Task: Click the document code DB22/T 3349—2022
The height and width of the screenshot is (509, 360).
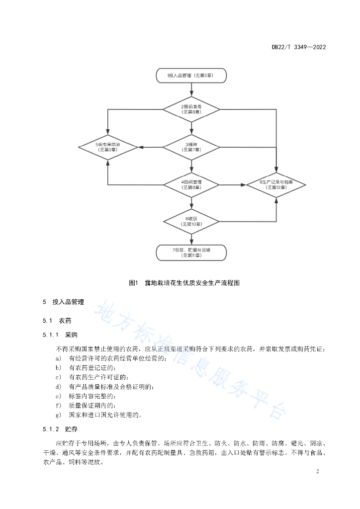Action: pos(299,47)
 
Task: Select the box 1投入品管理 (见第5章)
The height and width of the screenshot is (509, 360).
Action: pos(191,76)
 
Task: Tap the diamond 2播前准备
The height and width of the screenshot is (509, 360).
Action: pos(191,109)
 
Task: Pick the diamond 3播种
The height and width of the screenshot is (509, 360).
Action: pos(191,147)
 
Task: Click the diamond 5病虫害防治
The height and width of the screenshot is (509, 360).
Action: pos(108,147)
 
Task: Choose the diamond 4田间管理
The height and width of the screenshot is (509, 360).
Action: pos(191,185)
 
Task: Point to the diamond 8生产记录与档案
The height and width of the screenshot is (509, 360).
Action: pos(276,185)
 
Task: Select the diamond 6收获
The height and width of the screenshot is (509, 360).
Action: pos(191,222)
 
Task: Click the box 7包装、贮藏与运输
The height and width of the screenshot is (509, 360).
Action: pos(191,253)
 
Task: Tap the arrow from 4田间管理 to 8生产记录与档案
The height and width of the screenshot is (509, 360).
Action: pos(233,185)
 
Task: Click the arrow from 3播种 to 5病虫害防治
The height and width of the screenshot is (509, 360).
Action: pos(151,147)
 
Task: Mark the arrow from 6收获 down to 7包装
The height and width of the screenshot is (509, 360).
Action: pos(191,240)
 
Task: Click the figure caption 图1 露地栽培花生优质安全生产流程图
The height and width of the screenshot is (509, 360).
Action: pos(184,283)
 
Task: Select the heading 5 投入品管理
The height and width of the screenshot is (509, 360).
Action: pos(63,302)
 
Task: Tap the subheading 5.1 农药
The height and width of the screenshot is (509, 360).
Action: pos(57,321)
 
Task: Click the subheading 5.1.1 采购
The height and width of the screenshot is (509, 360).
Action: pos(60,335)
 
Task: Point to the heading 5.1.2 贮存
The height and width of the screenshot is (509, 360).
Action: pos(60,429)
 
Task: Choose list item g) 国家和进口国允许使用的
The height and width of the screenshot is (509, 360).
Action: pos(98,415)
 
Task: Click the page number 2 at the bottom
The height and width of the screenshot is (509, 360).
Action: pos(318,471)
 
